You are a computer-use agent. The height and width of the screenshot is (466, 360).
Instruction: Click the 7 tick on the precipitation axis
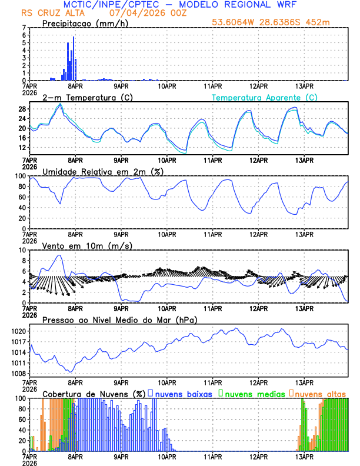coord(24,28)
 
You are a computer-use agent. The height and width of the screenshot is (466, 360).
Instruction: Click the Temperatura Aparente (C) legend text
coord(265,97)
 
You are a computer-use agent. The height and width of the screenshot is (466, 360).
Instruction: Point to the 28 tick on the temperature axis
coord(21,109)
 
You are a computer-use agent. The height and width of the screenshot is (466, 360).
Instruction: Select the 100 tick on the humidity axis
coord(19,176)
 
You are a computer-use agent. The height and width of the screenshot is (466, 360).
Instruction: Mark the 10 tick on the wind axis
coord(21,250)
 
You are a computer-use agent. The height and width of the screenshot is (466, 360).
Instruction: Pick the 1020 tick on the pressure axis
coord(18,331)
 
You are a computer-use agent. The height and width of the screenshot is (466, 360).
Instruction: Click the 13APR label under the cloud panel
coord(304,457)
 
